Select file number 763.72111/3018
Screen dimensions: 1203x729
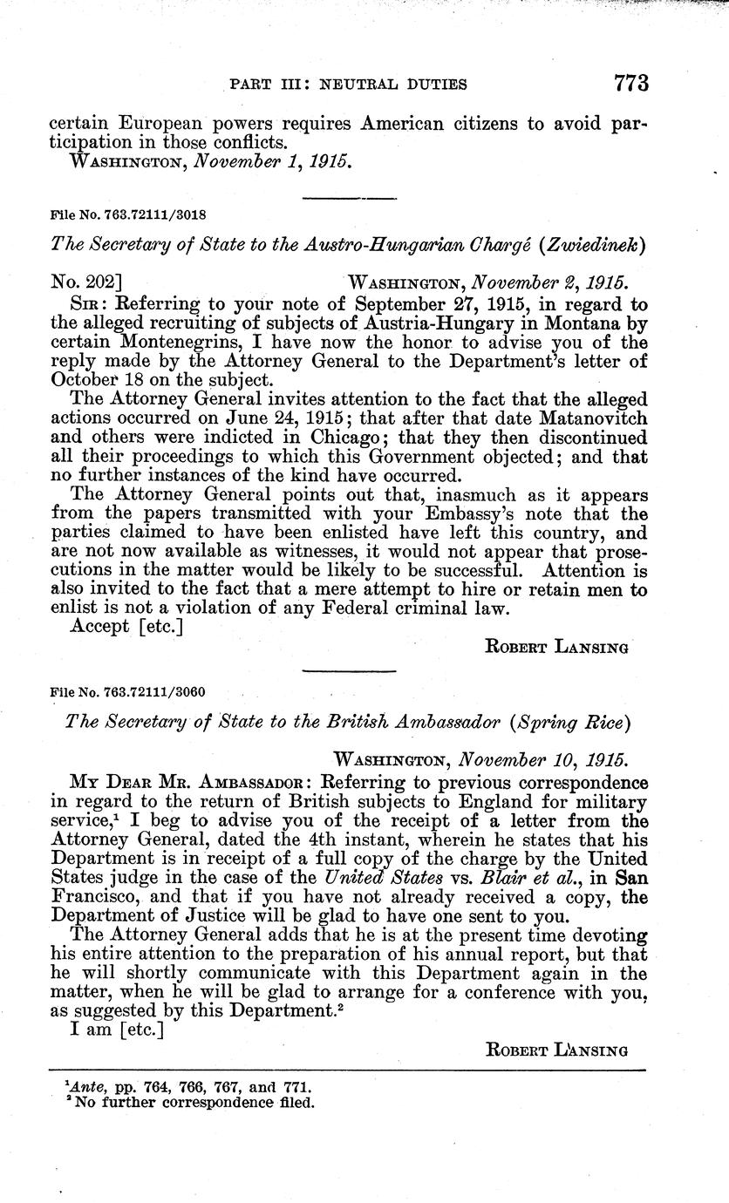click(167, 212)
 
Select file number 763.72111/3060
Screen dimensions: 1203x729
click(167, 692)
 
